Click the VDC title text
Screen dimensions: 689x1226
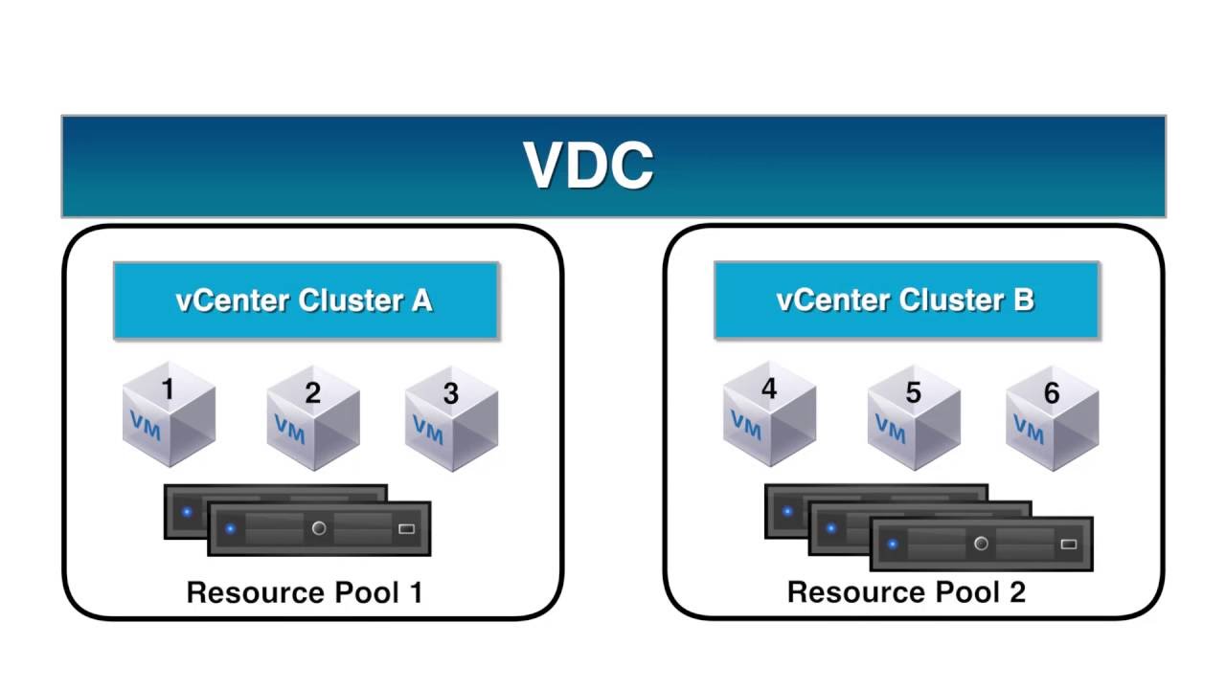(x=588, y=166)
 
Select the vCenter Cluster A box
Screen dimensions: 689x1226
(x=306, y=300)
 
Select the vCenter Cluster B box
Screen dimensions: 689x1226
(x=906, y=300)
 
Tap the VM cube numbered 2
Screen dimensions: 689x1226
(x=312, y=417)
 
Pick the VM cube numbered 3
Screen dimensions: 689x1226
(x=451, y=417)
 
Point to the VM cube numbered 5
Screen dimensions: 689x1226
(x=913, y=417)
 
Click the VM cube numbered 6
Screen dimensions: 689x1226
(x=1052, y=417)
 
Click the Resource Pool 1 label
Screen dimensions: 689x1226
(x=305, y=592)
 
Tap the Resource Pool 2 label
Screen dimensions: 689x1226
(x=906, y=592)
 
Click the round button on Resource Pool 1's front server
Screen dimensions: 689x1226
(x=319, y=528)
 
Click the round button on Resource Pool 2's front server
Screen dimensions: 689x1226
(x=981, y=544)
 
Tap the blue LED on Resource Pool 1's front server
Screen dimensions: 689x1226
(x=230, y=528)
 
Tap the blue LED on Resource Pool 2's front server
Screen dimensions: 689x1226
(x=893, y=544)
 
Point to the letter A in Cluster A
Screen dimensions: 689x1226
(x=421, y=300)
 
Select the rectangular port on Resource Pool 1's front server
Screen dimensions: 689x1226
(x=406, y=528)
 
